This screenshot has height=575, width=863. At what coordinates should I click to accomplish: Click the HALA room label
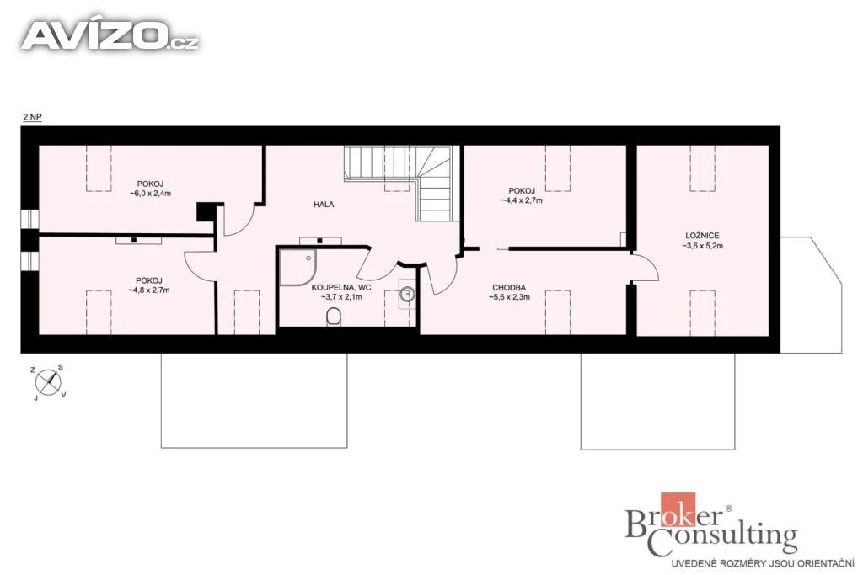(324, 205)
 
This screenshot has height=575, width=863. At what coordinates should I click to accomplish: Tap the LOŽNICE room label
(702, 236)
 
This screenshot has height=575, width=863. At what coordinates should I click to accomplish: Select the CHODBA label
(509, 288)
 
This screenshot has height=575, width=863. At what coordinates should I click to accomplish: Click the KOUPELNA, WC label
(341, 288)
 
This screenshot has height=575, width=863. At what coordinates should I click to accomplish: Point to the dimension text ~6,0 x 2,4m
(150, 194)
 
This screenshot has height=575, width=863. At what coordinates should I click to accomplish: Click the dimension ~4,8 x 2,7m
(149, 290)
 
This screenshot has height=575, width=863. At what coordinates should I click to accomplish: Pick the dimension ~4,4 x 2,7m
(522, 200)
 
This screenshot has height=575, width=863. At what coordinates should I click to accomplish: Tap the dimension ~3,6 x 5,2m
(703, 246)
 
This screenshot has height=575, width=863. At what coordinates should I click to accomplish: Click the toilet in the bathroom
(334, 317)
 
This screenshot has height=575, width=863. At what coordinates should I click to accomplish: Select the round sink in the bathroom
(407, 294)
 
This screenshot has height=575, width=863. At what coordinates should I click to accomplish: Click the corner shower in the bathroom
(297, 268)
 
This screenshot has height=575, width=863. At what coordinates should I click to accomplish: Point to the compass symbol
(48, 381)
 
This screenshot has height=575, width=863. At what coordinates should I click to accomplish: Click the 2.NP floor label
(32, 117)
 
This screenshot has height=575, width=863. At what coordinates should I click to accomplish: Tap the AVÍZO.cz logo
(110, 35)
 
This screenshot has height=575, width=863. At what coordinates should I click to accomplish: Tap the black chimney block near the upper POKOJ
(206, 212)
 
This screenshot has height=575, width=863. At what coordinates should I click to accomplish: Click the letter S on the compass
(61, 367)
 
